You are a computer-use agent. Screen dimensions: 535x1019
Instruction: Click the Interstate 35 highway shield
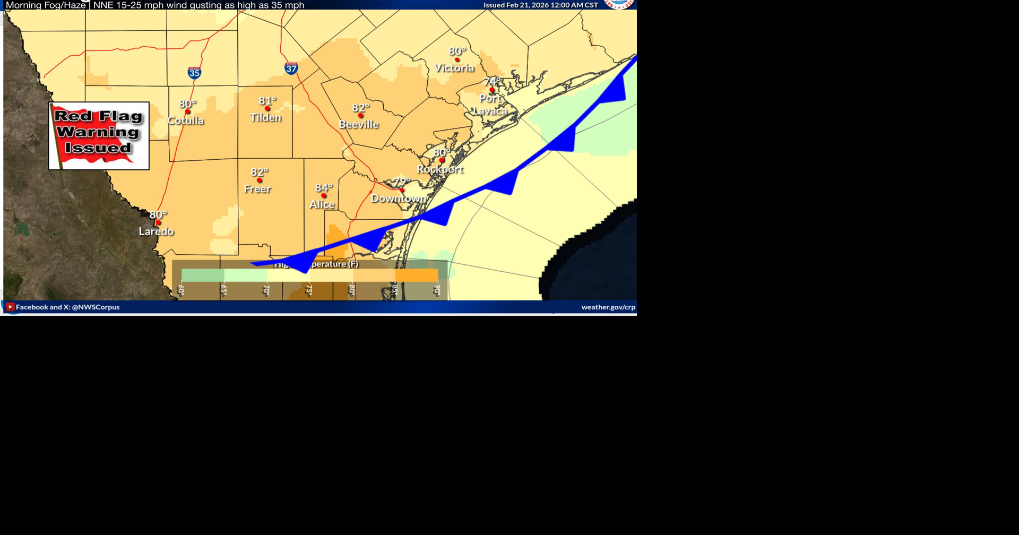(194, 73)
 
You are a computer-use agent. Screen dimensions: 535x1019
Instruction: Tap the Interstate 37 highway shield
(291, 68)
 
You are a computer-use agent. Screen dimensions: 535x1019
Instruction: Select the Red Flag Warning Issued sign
(99, 136)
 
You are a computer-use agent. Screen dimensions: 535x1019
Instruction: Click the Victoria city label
(454, 68)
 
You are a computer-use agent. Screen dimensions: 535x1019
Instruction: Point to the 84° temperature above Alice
(323, 188)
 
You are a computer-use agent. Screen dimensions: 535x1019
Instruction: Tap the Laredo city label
(156, 231)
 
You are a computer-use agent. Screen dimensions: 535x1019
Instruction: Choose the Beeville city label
(359, 125)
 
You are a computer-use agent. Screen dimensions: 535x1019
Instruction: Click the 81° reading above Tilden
(267, 101)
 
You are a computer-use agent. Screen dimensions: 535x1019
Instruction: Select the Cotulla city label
(185, 120)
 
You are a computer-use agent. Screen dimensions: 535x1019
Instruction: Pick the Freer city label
(257, 189)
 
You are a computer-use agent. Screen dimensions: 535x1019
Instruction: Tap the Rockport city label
(440, 169)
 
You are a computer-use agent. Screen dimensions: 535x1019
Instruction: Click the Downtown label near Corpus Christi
(399, 199)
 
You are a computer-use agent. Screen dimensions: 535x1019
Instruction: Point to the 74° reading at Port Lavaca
(491, 82)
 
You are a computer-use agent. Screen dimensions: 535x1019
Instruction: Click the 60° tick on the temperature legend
(181, 290)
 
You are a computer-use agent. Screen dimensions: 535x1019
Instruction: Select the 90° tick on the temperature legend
(437, 290)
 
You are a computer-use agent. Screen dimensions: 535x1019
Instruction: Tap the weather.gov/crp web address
(608, 307)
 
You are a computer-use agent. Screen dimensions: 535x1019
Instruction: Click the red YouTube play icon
(10, 307)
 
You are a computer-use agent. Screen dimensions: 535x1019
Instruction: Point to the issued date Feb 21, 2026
(540, 5)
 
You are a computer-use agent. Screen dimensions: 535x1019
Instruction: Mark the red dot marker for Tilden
(267, 109)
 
